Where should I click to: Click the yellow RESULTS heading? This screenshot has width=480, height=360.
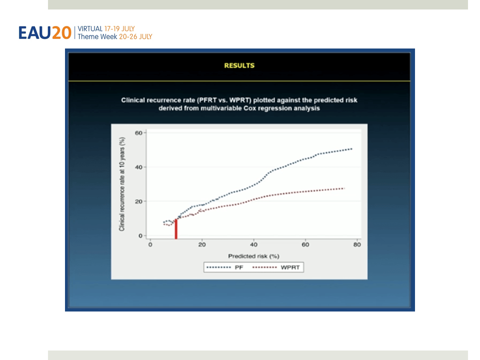point(239,65)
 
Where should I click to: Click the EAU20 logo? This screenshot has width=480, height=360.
point(44,33)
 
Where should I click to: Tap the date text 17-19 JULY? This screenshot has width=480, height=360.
point(119,29)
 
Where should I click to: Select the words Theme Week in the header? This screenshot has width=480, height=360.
point(97,36)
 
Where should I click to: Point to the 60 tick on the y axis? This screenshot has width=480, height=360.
point(138,133)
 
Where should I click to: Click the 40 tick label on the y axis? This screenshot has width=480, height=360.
point(138,167)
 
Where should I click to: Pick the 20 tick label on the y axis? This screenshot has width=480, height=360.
point(138,201)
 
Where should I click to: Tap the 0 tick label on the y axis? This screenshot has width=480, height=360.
point(140,235)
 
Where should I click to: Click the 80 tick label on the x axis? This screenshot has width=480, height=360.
point(357,244)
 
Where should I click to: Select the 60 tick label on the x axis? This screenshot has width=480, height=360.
point(305,244)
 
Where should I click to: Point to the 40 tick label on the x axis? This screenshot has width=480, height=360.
point(253,244)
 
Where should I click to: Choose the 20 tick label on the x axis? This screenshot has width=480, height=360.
point(201,244)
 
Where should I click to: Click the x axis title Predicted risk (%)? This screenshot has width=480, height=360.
point(254,256)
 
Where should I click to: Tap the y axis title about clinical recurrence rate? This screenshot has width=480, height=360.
point(122,184)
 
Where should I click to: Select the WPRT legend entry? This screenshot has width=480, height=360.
point(276,267)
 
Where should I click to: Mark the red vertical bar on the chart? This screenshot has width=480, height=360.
point(176,228)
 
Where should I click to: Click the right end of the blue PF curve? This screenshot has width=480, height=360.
point(351,149)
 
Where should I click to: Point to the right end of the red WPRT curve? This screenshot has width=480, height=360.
point(344,188)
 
